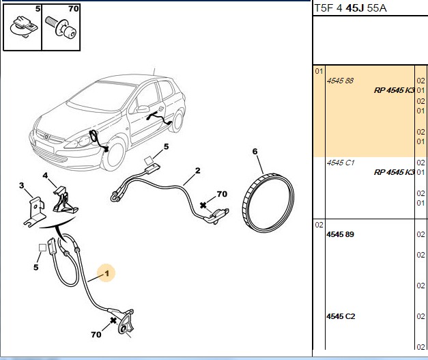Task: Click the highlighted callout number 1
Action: coord(106,273)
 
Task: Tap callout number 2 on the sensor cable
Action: coord(198,171)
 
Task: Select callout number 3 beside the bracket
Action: coord(22,185)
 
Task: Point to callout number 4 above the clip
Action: coord(45,175)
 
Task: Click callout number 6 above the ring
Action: coord(255,152)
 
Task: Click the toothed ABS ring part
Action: coord(268,202)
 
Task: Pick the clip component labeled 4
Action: coord(65,199)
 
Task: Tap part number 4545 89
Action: coord(340,234)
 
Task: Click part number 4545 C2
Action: coord(341,316)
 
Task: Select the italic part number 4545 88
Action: coord(340,81)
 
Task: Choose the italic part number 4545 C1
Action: coord(341,163)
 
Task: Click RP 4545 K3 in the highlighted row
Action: coord(394,90)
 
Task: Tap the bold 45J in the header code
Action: coord(354,8)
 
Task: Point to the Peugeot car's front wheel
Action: coord(115,155)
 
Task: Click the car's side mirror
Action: coord(143,109)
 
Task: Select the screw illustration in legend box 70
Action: coord(61,27)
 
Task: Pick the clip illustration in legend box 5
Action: coord(23,27)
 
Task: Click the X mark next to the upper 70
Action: coord(203,205)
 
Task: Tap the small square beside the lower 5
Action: coord(42,248)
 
